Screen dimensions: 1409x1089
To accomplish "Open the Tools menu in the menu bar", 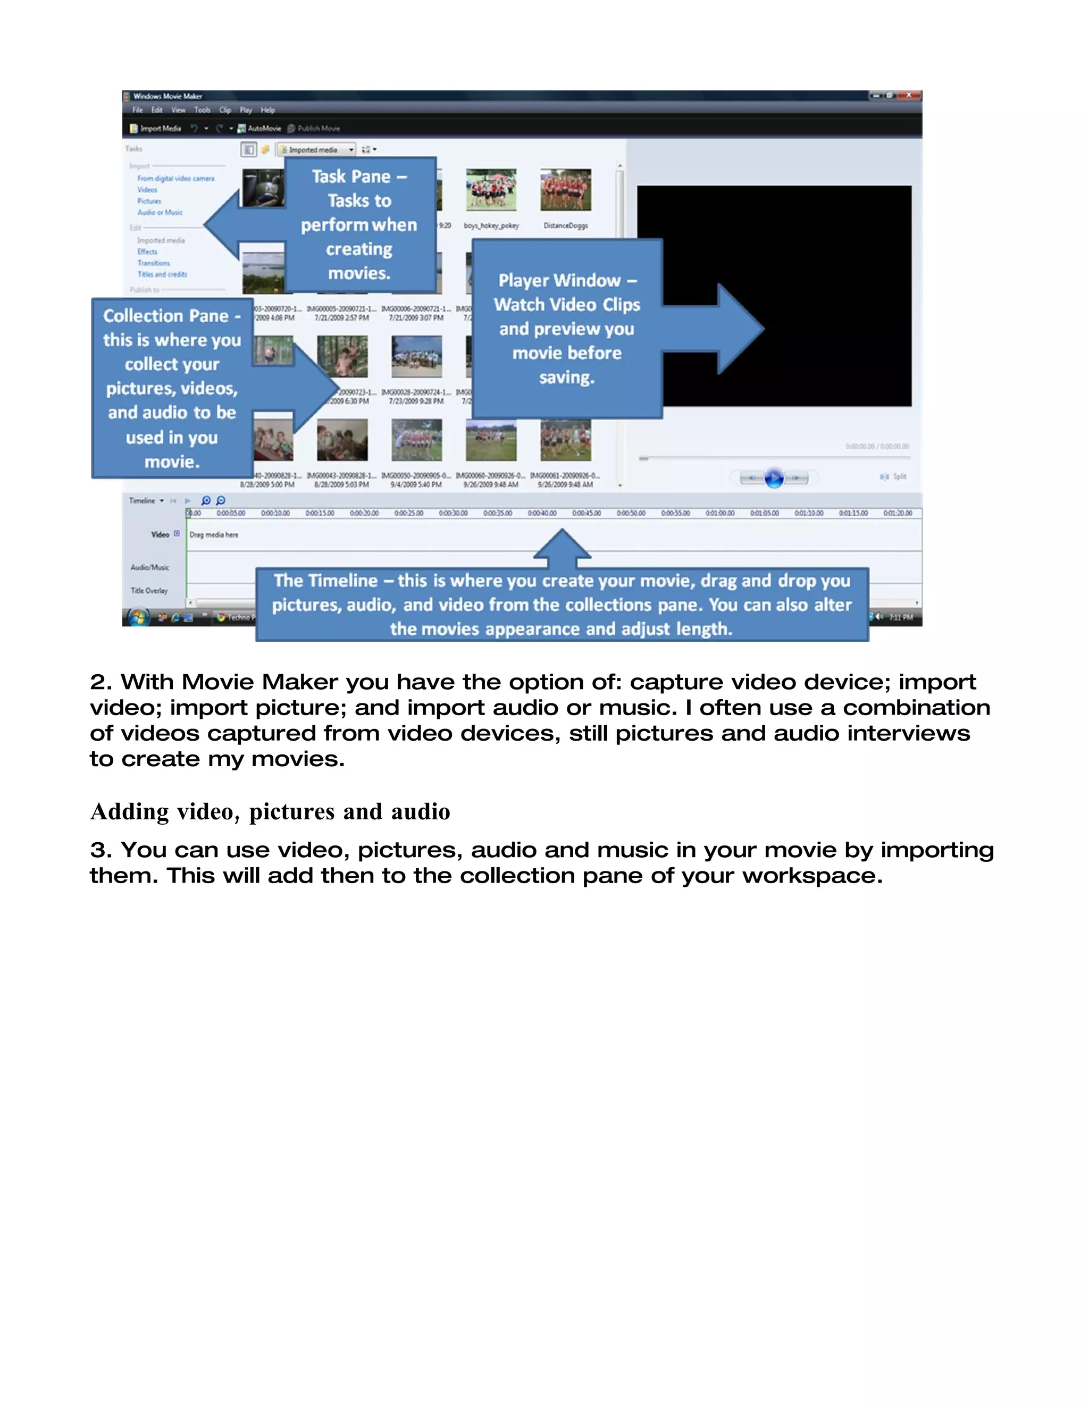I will point(202,110).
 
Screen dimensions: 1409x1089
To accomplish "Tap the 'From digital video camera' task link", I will point(175,179).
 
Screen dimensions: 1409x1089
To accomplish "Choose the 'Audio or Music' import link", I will point(160,212).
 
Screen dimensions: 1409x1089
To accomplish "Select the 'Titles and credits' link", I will point(162,274).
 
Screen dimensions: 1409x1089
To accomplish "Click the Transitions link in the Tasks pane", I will point(154,263).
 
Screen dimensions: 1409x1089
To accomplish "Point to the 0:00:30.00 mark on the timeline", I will point(453,514).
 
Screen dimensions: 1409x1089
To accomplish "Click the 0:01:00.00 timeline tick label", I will point(719,514).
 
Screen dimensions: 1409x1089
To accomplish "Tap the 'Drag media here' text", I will point(214,535).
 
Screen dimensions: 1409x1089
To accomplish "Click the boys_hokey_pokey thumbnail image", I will point(491,190).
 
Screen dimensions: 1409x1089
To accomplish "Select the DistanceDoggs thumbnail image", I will point(565,190).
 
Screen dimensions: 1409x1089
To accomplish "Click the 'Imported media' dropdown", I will point(317,150).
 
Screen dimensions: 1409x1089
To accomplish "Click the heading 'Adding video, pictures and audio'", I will point(270,811).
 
